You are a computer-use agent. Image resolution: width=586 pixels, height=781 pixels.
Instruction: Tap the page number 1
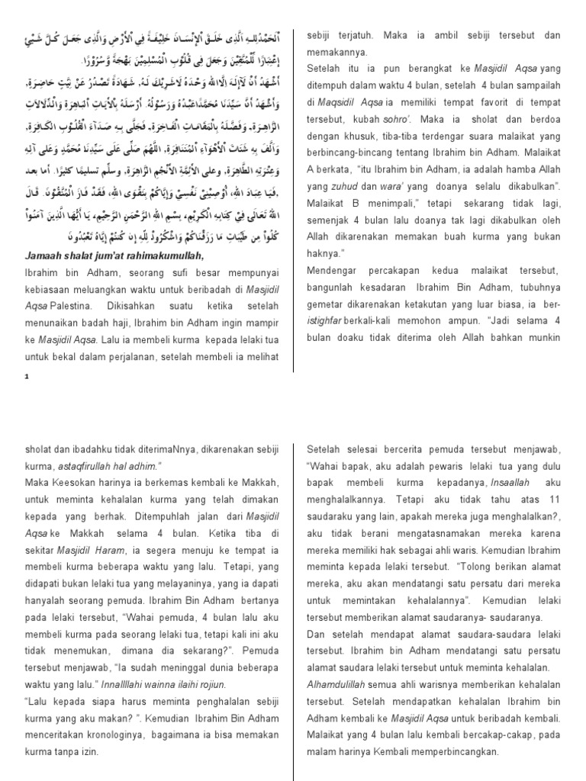26,377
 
